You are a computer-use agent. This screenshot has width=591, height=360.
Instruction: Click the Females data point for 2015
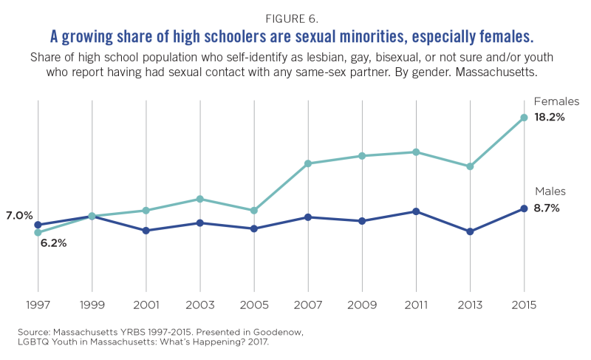point(525,118)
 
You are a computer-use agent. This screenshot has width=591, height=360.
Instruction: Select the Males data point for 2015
point(525,208)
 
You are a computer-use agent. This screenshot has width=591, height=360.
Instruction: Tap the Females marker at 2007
point(308,163)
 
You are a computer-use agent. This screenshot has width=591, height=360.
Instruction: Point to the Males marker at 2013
point(471,231)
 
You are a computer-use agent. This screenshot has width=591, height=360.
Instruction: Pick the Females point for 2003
point(200,199)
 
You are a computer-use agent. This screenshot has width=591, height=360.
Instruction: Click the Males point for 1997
point(38,225)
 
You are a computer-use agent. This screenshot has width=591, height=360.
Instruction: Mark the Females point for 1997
point(38,232)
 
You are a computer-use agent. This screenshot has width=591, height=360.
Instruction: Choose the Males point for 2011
point(417,211)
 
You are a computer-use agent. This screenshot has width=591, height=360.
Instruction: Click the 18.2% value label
point(550,118)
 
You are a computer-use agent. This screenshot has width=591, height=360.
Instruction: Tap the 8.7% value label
point(547,208)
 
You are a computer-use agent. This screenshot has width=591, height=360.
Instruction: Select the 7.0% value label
point(18,216)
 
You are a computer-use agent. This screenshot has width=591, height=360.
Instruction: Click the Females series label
point(556,101)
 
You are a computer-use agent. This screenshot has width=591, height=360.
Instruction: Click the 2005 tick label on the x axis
point(254,305)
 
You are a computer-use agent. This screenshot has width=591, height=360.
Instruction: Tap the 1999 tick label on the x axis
point(92,305)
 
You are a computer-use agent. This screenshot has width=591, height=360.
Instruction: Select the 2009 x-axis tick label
point(362,305)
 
